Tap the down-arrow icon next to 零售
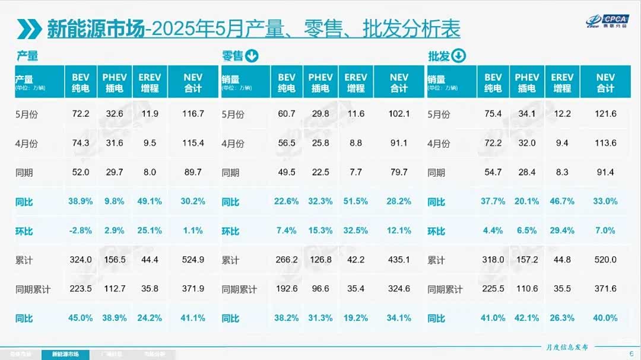coord(252,56)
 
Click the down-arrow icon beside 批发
coord(458,56)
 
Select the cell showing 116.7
coord(193,113)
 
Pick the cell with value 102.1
coord(399,113)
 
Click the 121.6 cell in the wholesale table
coord(605,113)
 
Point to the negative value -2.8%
coord(80,230)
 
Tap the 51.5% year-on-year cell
coord(355,201)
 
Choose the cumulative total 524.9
coord(193,259)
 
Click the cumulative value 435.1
coord(399,259)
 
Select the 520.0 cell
coord(605,259)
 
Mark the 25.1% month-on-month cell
coord(150,230)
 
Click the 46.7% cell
coord(561,201)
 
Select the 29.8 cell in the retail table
coord(320,113)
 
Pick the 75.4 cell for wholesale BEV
coord(493,113)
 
